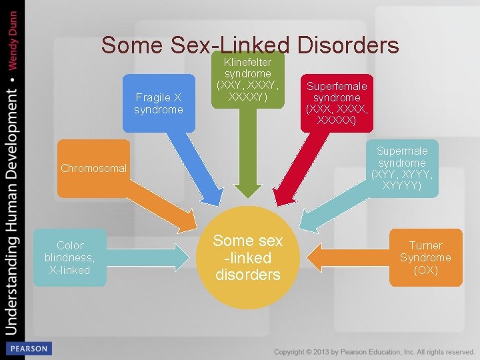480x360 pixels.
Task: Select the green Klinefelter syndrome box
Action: [248, 79]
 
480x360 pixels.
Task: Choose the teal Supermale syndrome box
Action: [402, 169]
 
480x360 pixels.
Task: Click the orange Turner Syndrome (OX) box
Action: [425, 257]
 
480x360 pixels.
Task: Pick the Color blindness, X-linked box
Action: [69, 257]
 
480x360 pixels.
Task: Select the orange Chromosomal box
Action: [93, 169]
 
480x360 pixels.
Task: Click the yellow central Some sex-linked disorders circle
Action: [248, 257]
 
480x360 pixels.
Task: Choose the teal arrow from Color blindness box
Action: [147, 257]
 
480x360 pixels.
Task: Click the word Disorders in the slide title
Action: [348, 45]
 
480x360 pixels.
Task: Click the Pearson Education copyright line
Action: [374, 351]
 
